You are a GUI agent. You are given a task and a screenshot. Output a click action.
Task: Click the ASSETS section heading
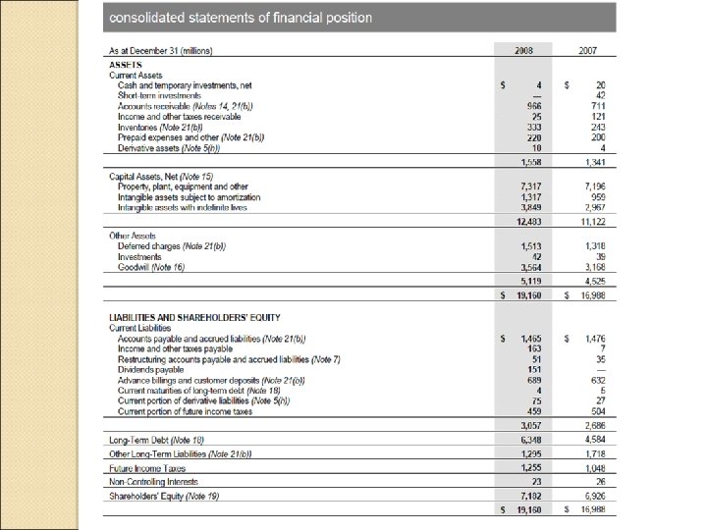click(x=126, y=64)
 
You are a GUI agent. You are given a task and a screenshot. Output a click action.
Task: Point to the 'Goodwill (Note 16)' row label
click(x=150, y=267)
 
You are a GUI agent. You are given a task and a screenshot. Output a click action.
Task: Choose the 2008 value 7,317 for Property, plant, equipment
click(x=530, y=186)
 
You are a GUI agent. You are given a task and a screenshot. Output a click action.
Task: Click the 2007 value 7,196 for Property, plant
click(x=592, y=186)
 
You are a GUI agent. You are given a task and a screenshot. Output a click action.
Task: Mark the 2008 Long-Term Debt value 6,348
click(x=530, y=440)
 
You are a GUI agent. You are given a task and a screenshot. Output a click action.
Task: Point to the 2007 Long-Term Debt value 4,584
click(x=592, y=440)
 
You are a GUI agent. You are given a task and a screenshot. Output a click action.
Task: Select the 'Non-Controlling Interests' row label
click(x=153, y=482)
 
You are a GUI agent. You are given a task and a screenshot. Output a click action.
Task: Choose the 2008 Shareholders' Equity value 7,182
click(x=530, y=497)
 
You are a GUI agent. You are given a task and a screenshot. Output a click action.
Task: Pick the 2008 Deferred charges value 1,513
click(x=530, y=245)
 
